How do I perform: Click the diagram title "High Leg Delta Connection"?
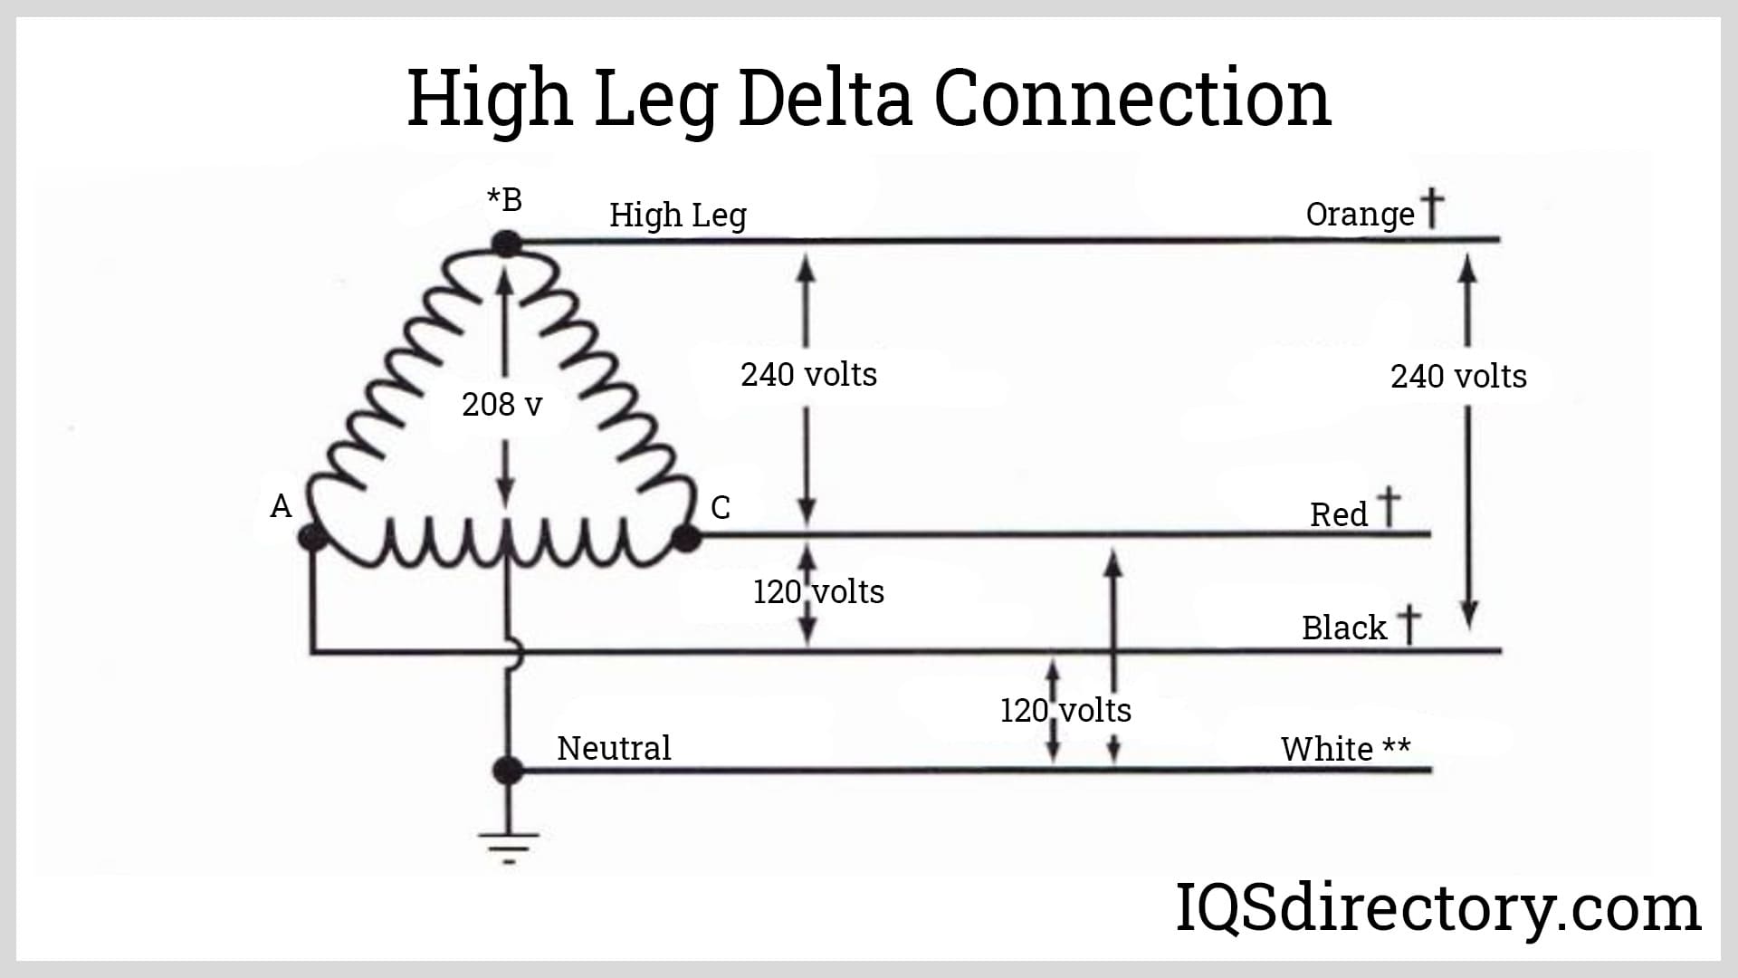[869, 98]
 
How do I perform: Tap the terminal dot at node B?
[507, 243]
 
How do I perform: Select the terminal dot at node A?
[312, 539]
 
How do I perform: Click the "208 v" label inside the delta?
[501, 405]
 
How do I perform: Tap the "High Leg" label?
[677, 216]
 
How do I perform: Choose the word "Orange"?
[1360, 215]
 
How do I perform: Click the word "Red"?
[1338, 514]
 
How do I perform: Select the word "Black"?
[1343, 628]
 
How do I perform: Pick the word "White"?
[1326, 749]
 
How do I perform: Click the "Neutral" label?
[614, 748]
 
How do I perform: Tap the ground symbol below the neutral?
[508, 844]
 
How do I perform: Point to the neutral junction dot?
[508, 771]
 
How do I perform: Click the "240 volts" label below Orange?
[1458, 376]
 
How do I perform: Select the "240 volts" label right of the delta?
[808, 374]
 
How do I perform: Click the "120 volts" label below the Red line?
[818, 591]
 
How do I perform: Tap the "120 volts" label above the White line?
[1065, 710]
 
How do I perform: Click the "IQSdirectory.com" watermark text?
[1437, 907]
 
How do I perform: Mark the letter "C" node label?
[721, 507]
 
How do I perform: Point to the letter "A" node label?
[281, 505]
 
